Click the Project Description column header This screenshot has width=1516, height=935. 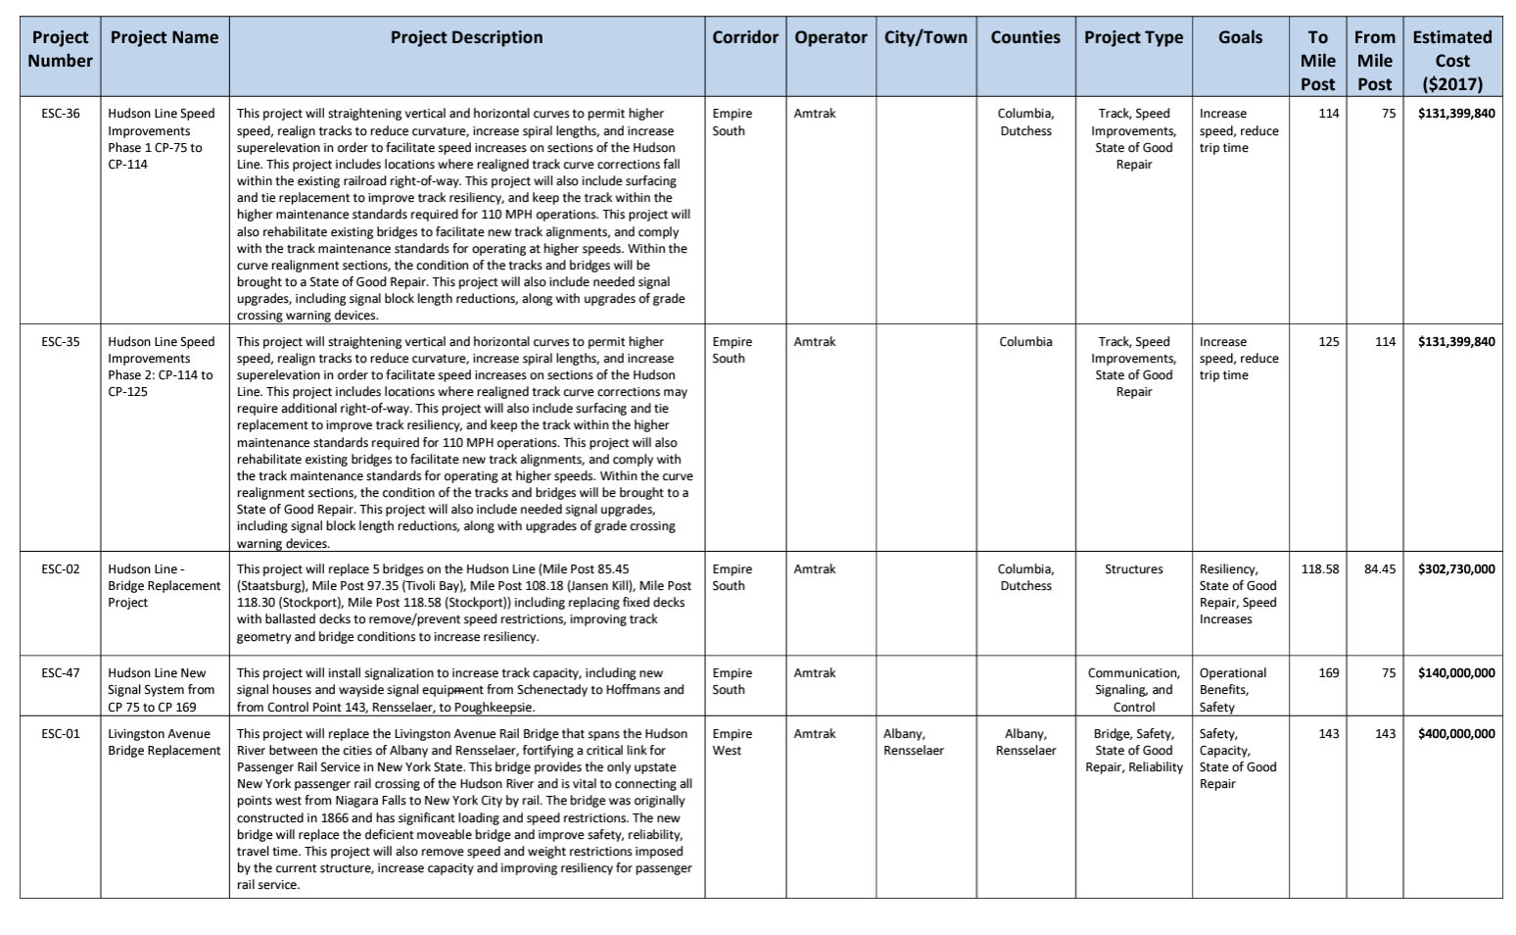point(466,38)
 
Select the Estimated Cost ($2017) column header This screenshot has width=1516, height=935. point(1451,61)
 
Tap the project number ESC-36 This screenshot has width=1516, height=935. point(61,114)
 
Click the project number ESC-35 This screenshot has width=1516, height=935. point(61,342)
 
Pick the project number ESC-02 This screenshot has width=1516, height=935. point(61,569)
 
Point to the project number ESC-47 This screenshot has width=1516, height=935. point(61,673)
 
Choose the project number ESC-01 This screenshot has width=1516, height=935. point(61,734)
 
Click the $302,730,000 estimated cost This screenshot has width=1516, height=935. point(1455,569)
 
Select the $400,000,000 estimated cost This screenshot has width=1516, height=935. point(1455,734)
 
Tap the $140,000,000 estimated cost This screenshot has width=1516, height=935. point(1455,673)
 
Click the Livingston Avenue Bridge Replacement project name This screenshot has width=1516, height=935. point(164,743)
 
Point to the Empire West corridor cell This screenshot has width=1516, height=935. point(733,743)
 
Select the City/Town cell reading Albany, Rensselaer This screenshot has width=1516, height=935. point(913,743)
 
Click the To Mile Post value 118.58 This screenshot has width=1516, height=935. point(1319,569)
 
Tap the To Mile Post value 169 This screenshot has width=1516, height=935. point(1328,673)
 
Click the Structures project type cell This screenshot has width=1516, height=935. point(1133,569)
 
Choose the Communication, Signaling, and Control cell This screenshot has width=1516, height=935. point(1133,690)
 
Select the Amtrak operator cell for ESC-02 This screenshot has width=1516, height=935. point(815,569)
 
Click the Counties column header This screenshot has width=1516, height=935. point(1024,38)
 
